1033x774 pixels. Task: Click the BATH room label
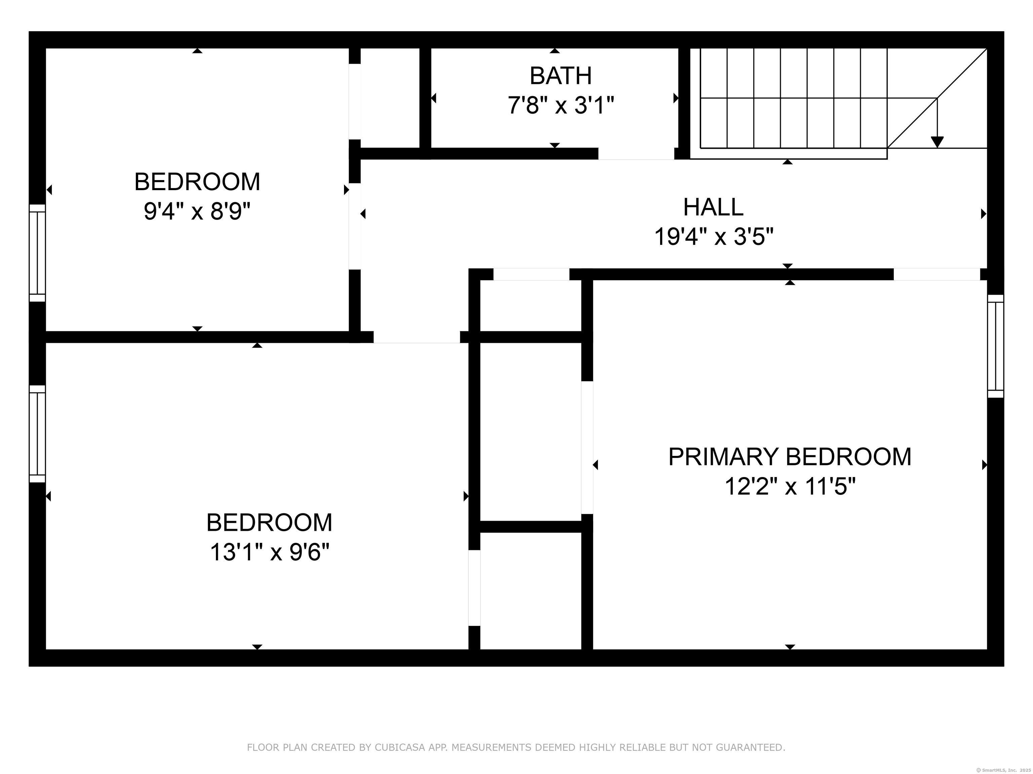pos(561,76)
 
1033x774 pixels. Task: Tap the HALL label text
pos(713,207)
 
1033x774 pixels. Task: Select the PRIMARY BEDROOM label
pos(790,457)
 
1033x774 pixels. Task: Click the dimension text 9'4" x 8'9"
pos(197,211)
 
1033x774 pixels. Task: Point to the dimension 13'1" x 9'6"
pos(269,552)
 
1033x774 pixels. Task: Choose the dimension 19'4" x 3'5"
pos(714,236)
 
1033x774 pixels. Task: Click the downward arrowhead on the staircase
pos(937,142)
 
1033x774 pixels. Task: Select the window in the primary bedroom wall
pos(995,346)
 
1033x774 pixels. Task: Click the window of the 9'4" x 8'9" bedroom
pos(37,253)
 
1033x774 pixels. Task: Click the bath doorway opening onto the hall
pos(636,154)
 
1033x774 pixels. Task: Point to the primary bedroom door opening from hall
pos(936,274)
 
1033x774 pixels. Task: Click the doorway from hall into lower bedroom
pos(417,337)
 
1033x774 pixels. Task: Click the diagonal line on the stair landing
pos(937,98)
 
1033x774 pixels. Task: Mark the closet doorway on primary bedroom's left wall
pos(587,447)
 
